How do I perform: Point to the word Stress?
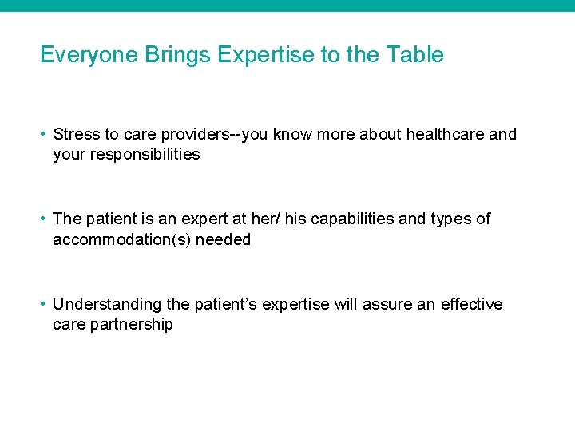pos(75,134)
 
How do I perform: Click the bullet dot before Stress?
pos(44,134)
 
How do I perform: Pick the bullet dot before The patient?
pos(44,219)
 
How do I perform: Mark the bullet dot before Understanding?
pos(44,305)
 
